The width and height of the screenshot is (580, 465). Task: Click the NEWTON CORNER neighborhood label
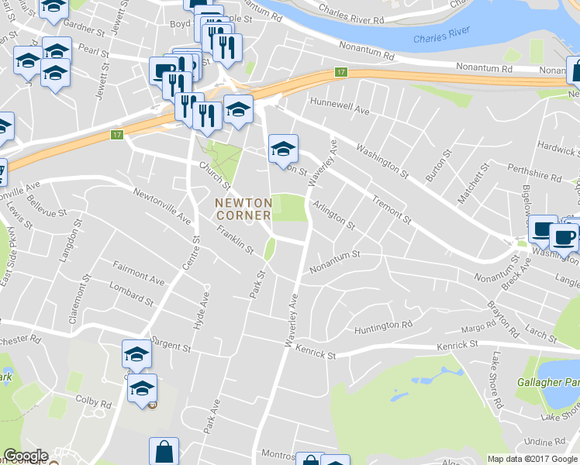coord(243,208)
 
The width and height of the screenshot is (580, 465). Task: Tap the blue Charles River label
coord(442,38)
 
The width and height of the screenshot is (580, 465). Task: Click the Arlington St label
coord(333,215)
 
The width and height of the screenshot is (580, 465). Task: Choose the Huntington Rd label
coord(383,329)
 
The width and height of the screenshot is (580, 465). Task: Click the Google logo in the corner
coord(25,456)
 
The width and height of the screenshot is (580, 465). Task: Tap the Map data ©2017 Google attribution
coord(533,459)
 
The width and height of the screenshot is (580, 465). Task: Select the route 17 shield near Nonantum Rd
coord(340,72)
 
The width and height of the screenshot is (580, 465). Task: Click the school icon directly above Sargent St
coord(137,354)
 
